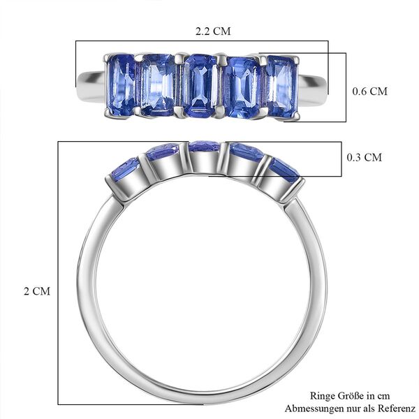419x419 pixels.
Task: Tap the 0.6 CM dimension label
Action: point(367,91)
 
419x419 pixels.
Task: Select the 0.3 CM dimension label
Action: point(365,157)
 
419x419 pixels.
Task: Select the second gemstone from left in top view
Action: point(159,86)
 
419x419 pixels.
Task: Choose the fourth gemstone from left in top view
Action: point(242,84)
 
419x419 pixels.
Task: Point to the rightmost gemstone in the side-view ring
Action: point(284,168)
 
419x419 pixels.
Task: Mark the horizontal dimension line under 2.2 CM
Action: point(203,41)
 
